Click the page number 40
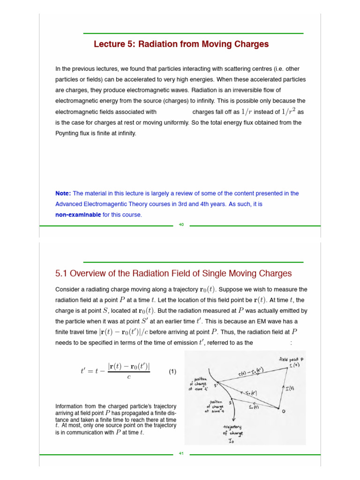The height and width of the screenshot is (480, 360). [x=181, y=225]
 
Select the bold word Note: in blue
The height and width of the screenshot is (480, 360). [x=63, y=193]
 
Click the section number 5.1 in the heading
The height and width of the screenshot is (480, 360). [x=62, y=273]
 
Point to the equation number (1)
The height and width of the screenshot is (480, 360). [x=172, y=372]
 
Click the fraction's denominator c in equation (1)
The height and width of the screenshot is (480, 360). [x=128, y=377]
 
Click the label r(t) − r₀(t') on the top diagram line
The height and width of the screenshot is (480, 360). [x=251, y=371]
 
